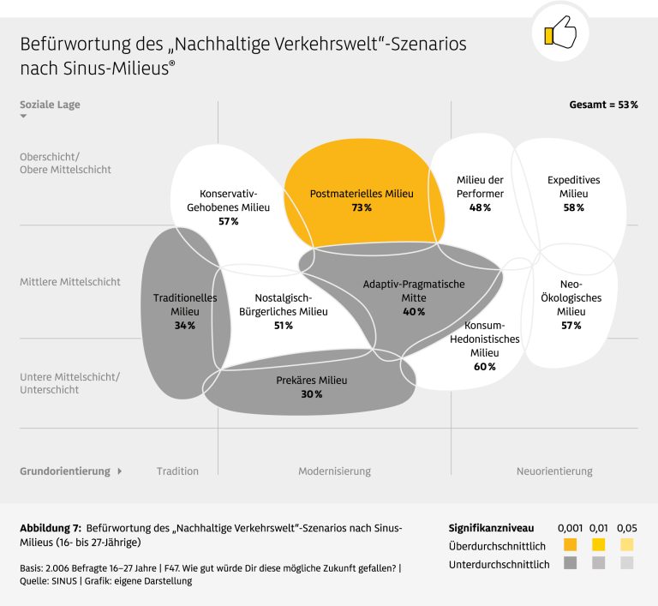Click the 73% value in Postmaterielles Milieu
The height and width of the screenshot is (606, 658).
pos(361,208)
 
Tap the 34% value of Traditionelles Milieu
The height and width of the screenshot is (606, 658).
pos(185,326)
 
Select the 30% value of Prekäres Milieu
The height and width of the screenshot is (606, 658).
pos(311,394)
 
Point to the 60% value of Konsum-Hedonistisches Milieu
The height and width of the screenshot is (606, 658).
pos(484,367)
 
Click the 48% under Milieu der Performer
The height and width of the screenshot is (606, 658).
pos(480,208)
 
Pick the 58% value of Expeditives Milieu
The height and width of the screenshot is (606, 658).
pos(573,208)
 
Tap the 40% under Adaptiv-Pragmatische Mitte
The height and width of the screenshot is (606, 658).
pos(414,312)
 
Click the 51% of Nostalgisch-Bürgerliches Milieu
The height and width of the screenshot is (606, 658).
pos(283,326)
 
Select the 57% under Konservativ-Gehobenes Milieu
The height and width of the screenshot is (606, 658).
pos(228,221)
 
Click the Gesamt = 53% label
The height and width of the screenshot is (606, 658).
pos(603,105)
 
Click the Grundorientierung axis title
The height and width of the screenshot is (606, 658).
pos(65,471)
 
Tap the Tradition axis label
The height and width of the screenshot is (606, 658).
pos(177,471)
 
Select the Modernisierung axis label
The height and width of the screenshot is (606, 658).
pos(334,471)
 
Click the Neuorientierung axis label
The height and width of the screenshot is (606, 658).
pos(554,471)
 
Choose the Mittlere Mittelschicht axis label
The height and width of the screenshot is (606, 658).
pos(70,281)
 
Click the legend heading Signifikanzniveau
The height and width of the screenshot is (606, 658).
pos(491,528)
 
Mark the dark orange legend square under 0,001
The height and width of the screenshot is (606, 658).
pos(571,545)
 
